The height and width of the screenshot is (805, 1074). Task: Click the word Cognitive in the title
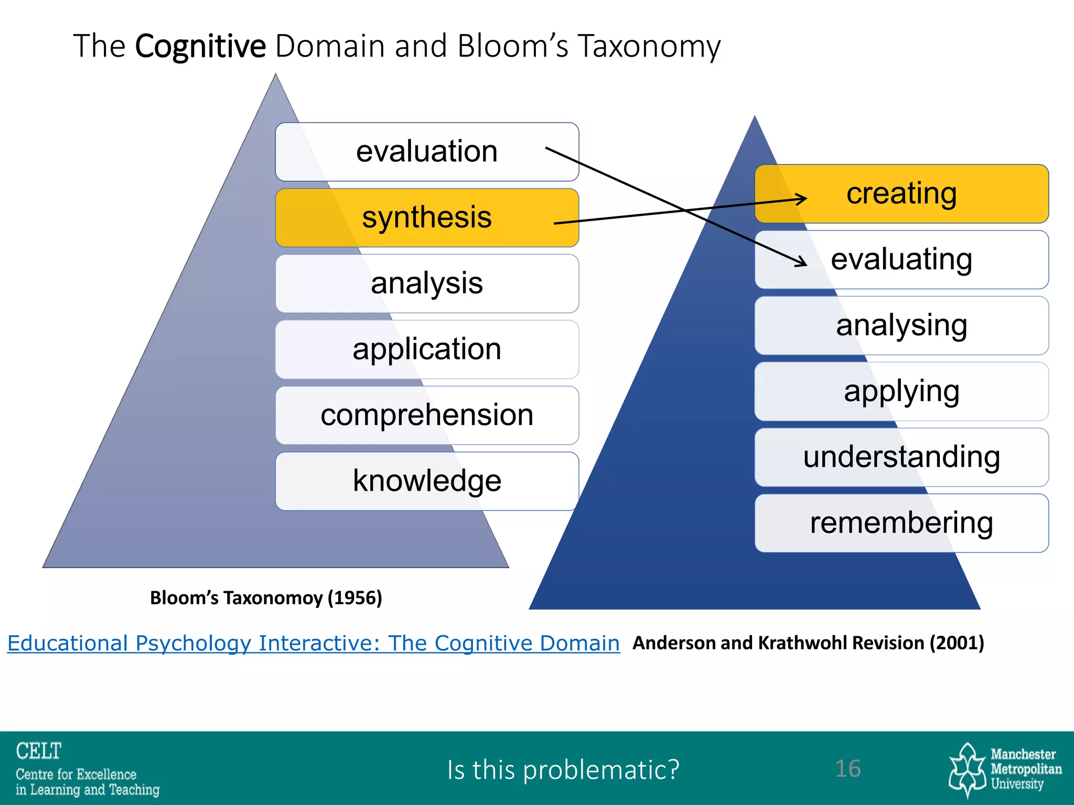click(x=200, y=46)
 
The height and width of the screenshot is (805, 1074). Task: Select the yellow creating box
click(x=901, y=194)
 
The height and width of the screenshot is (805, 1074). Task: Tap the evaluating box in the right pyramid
click(x=901, y=260)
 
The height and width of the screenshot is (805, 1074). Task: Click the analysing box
click(x=901, y=325)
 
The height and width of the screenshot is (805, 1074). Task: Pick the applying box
click(x=901, y=391)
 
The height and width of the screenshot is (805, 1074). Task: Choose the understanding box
click(x=901, y=457)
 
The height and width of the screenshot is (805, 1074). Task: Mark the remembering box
click(x=901, y=523)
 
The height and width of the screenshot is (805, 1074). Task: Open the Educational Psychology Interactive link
click(x=313, y=643)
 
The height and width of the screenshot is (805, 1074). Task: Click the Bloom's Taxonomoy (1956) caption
click(x=266, y=598)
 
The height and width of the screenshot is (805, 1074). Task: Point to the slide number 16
click(x=847, y=769)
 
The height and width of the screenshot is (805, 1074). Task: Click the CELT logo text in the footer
click(x=39, y=751)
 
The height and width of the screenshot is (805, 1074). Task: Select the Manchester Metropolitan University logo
click(x=1004, y=769)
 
